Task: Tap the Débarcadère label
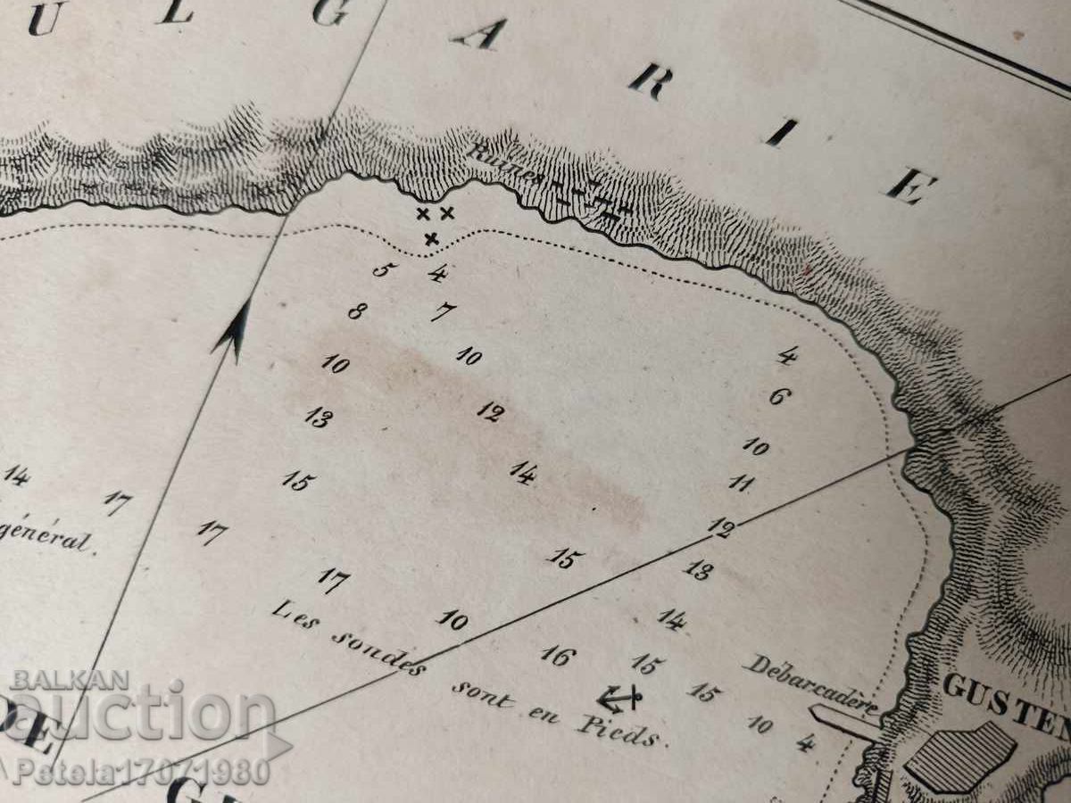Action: tap(809, 685)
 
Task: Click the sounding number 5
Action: tap(382, 269)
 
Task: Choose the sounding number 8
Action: tap(357, 311)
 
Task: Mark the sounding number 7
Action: tap(442, 312)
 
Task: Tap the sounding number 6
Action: tap(778, 396)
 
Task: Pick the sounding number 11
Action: tap(740, 484)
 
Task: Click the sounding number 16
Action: tap(558, 656)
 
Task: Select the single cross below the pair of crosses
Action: tap(432, 238)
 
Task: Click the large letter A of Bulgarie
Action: tap(479, 34)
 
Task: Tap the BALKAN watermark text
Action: tap(70, 681)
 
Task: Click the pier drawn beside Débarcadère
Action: tap(843, 721)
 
